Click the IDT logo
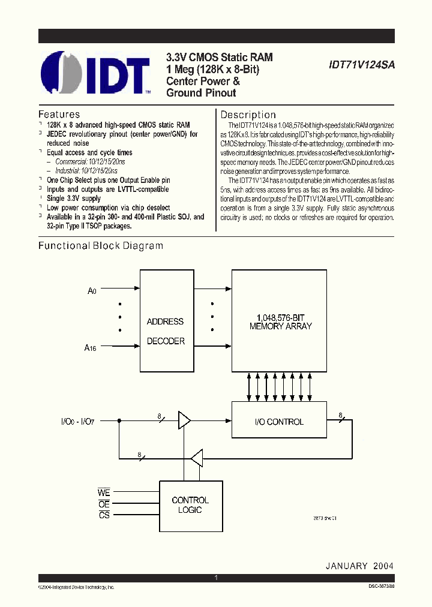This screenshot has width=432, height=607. click(x=95, y=74)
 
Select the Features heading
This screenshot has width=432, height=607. click(x=59, y=114)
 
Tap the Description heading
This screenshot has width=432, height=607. click(x=248, y=115)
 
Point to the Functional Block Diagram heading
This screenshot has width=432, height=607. click(x=101, y=245)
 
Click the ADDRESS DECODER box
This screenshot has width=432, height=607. click(x=166, y=330)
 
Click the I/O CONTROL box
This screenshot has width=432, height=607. click(x=280, y=422)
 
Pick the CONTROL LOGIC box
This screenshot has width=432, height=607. click(x=190, y=505)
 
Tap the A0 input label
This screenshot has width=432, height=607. click(x=91, y=291)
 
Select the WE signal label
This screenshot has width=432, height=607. click(x=104, y=492)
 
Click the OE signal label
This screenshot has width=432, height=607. click(x=104, y=504)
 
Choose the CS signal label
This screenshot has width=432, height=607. click(x=104, y=515)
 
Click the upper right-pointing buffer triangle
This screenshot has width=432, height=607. click(x=184, y=421)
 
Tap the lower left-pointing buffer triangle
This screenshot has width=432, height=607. click(x=196, y=459)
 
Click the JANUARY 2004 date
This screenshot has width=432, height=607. click(x=360, y=566)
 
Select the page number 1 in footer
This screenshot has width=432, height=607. click(x=215, y=578)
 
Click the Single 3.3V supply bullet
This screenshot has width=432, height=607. click(x=74, y=198)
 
